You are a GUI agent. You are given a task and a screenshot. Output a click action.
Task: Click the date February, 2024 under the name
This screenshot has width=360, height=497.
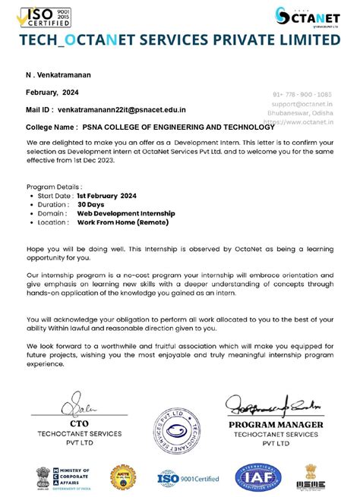click(52, 93)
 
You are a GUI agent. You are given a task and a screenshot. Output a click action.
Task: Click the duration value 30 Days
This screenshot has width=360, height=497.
click(90, 204)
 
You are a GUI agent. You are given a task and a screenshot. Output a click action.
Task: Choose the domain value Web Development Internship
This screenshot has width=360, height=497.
click(126, 213)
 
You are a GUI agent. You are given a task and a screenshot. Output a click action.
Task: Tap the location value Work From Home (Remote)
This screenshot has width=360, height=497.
click(122, 222)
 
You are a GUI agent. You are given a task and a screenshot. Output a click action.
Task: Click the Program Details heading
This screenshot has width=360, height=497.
click(54, 186)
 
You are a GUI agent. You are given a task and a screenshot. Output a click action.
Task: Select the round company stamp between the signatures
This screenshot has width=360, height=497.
click(180, 432)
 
